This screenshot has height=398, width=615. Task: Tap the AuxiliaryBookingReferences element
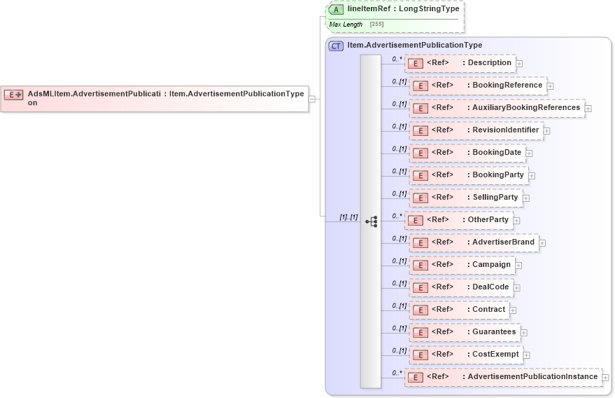click(x=497, y=108)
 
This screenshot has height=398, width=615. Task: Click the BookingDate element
click(x=467, y=153)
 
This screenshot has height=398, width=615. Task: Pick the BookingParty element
click(x=469, y=175)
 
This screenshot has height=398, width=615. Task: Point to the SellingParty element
click(x=466, y=198)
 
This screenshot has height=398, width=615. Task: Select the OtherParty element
click(x=459, y=220)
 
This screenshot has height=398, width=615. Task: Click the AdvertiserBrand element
click(x=474, y=242)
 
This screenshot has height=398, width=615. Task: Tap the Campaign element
click(x=462, y=265)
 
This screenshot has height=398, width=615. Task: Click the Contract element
click(x=459, y=310)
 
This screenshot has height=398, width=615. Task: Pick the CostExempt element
click(x=466, y=355)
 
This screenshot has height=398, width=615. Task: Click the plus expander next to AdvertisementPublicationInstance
click(x=606, y=378)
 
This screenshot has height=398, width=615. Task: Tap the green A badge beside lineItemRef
click(x=336, y=9)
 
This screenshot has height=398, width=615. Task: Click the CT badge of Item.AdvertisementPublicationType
click(x=336, y=46)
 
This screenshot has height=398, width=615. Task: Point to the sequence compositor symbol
click(x=371, y=221)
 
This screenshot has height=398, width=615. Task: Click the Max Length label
click(x=346, y=25)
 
